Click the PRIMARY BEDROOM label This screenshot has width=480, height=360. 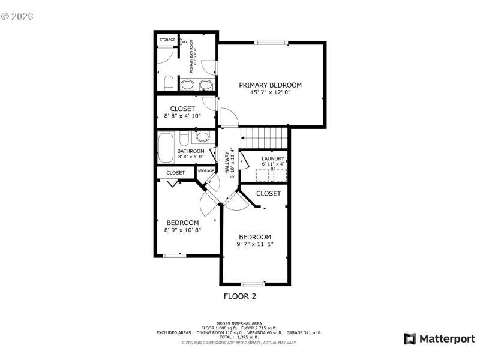270,85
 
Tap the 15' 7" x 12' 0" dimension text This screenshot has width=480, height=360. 270,92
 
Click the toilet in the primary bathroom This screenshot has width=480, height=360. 169,83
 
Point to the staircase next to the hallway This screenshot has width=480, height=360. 264,136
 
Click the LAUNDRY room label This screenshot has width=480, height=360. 273,158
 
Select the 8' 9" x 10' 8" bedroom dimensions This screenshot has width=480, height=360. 182,230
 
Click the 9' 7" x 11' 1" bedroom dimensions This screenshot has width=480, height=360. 255,244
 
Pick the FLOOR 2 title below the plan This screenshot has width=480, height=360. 240,296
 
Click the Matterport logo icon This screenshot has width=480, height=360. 410,339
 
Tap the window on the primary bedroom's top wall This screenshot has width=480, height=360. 271,42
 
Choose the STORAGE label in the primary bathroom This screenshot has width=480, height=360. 167,40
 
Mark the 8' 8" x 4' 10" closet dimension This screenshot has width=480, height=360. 182,116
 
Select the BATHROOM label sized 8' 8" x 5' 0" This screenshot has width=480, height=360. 187,151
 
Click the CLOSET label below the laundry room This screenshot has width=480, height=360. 268,193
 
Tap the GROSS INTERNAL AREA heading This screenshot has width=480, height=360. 239,323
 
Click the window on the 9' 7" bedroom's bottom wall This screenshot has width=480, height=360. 253,284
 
